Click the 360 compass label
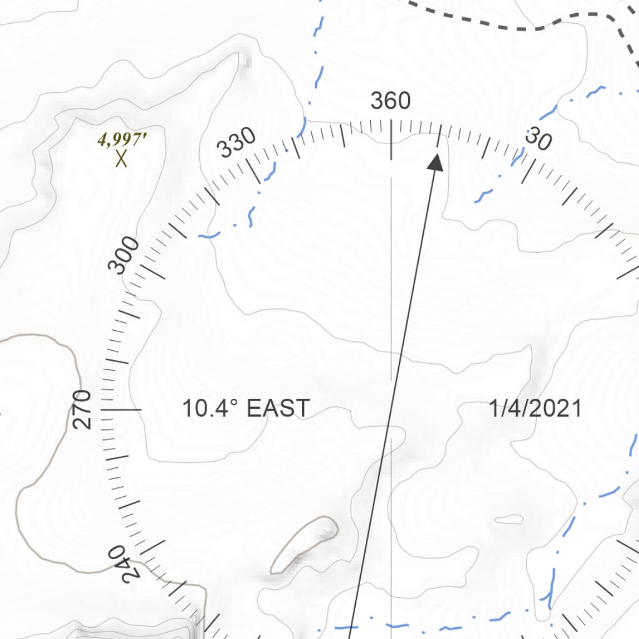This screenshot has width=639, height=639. point(391,100)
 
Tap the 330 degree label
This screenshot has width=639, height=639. point(237,143)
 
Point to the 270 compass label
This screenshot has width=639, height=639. point(82,409)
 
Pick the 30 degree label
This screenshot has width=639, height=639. point(537,141)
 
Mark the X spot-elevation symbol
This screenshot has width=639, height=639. point(122,159)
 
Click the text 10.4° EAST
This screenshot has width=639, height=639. point(245,409)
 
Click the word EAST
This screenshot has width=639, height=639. point(278,409)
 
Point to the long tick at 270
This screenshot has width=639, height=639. point(122,409)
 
